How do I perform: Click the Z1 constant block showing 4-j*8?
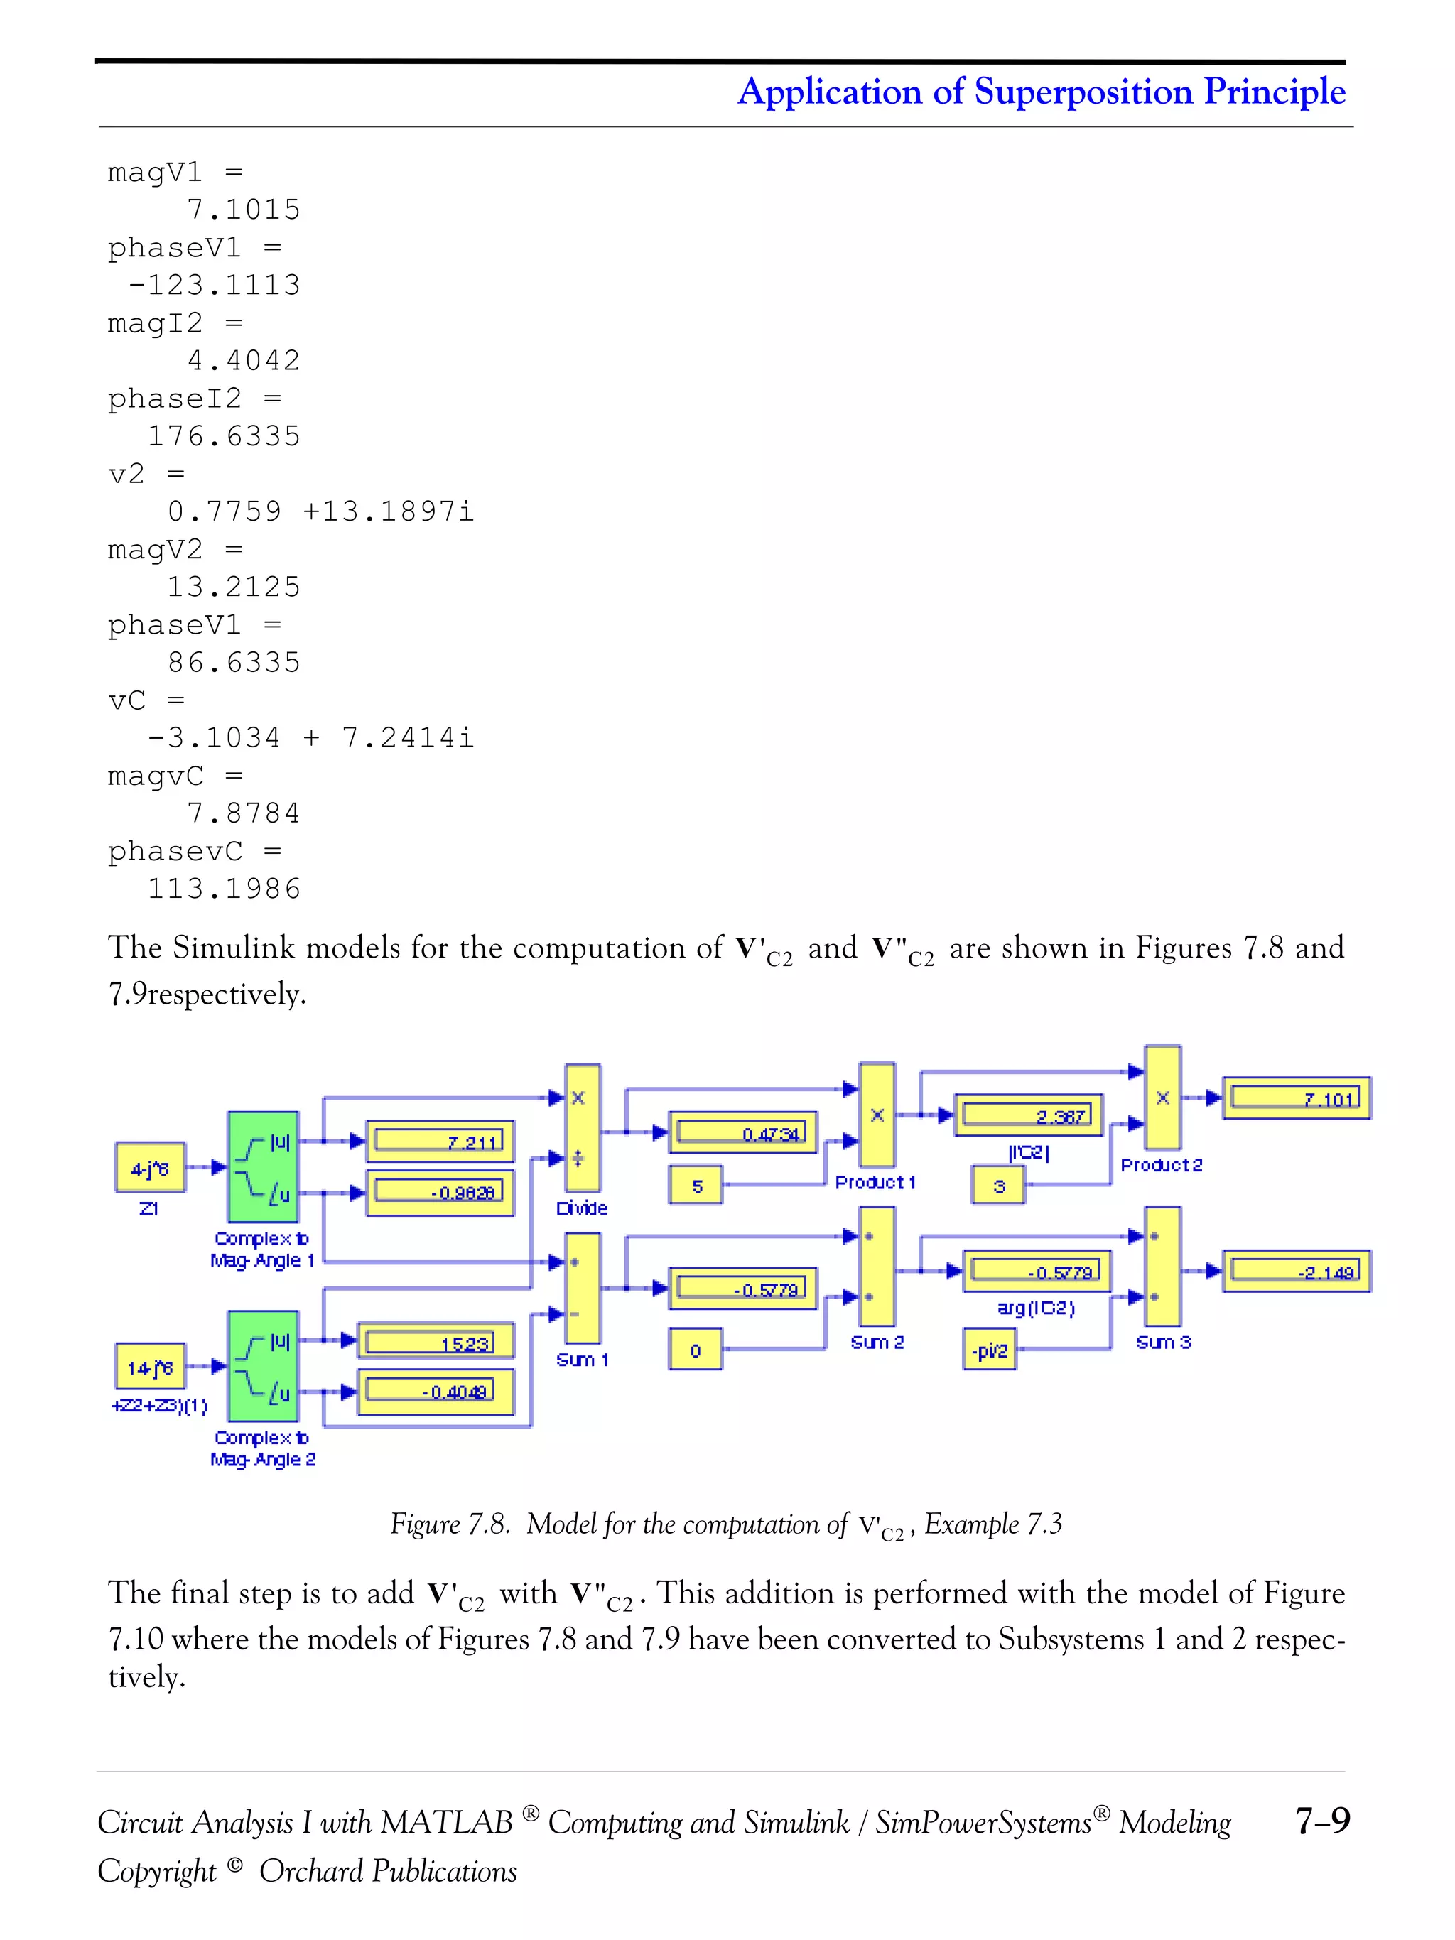point(150,1167)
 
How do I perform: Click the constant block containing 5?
point(696,1186)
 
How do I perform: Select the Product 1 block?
point(877,1115)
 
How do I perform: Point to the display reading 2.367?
point(1027,1115)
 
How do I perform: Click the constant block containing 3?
point(998,1186)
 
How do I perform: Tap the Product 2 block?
point(1162,1098)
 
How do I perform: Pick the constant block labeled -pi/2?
point(989,1350)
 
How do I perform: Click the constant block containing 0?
point(696,1350)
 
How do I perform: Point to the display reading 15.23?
point(435,1342)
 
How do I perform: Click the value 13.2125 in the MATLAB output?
point(233,587)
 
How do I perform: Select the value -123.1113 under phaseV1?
point(214,285)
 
